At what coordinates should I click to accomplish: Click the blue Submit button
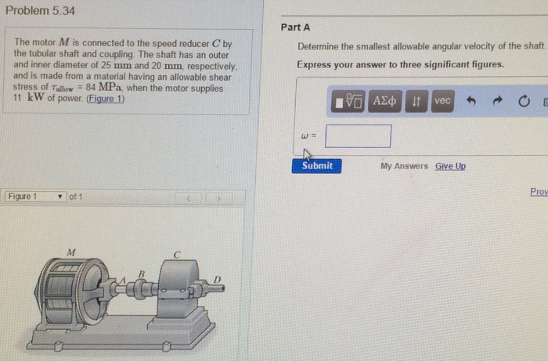[x=316, y=166]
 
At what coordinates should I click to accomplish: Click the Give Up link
[x=450, y=166]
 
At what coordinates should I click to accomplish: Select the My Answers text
[x=404, y=166]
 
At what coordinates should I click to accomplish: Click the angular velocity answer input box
[x=358, y=136]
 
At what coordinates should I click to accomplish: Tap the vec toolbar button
[x=442, y=101]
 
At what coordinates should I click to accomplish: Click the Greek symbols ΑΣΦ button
[x=384, y=101]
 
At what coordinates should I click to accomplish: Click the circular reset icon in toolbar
[x=524, y=101]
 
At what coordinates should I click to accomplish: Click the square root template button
[x=348, y=101]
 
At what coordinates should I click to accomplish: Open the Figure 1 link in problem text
[x=106, y=99]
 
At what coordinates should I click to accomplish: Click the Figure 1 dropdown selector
[x=36, y=197]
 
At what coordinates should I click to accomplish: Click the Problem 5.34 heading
[x=40, y=10]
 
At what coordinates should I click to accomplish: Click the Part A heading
[x=295, y=27]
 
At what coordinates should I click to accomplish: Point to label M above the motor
[x=71, y=252]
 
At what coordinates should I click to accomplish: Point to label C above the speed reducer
[x=177, y=255]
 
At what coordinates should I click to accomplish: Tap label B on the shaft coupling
[x=142, y=274]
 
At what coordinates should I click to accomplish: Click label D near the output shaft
[x=218, y=280]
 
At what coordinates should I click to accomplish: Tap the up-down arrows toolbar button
[x=416, y=101]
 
